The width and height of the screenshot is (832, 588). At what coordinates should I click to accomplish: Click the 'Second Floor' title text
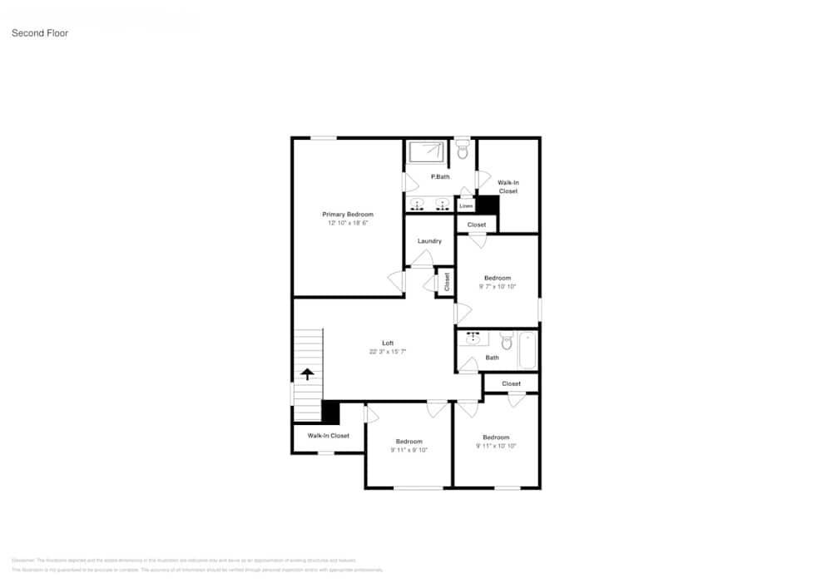(x=40, y=33)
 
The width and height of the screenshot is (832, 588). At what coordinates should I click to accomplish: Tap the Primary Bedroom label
(x=348, y=215)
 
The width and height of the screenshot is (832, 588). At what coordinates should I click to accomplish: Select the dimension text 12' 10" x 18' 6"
(x=348, y=223)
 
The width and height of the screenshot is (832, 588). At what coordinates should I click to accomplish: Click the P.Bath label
(x=440, y=177)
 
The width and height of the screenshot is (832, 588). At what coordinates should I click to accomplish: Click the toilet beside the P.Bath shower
(x=463, y=151)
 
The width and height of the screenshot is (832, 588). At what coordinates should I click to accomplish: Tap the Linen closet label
(x=466, y=205)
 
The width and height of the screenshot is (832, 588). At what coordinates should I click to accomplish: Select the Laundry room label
(x=429, y=241)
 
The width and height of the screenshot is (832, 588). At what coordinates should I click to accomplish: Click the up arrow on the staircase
(x=307, y=374)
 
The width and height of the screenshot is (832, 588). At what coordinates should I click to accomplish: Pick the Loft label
(x=388, y=343)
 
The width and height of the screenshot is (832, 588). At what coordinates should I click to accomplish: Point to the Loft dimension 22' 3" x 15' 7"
(x=388, y=352)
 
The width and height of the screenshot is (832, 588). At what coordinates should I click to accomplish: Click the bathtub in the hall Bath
(x=527, y=350)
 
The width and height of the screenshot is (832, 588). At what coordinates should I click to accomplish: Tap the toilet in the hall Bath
(x=506, y=342)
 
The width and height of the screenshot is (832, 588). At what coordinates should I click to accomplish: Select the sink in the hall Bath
(x=473, y=338)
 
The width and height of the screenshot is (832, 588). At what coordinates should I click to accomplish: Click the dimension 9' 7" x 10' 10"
(x=498, y=286)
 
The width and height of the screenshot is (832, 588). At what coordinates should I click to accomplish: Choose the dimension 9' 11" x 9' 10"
(x=409, y=450)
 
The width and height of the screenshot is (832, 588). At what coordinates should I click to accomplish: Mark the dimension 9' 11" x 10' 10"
(x=496, y=446)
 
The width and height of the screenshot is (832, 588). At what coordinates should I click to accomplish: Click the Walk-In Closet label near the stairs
(x=329, y=436)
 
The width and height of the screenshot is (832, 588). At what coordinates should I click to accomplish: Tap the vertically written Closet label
(x=447, y=281)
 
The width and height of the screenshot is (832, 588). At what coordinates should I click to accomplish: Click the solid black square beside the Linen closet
(x=486, y=205)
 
